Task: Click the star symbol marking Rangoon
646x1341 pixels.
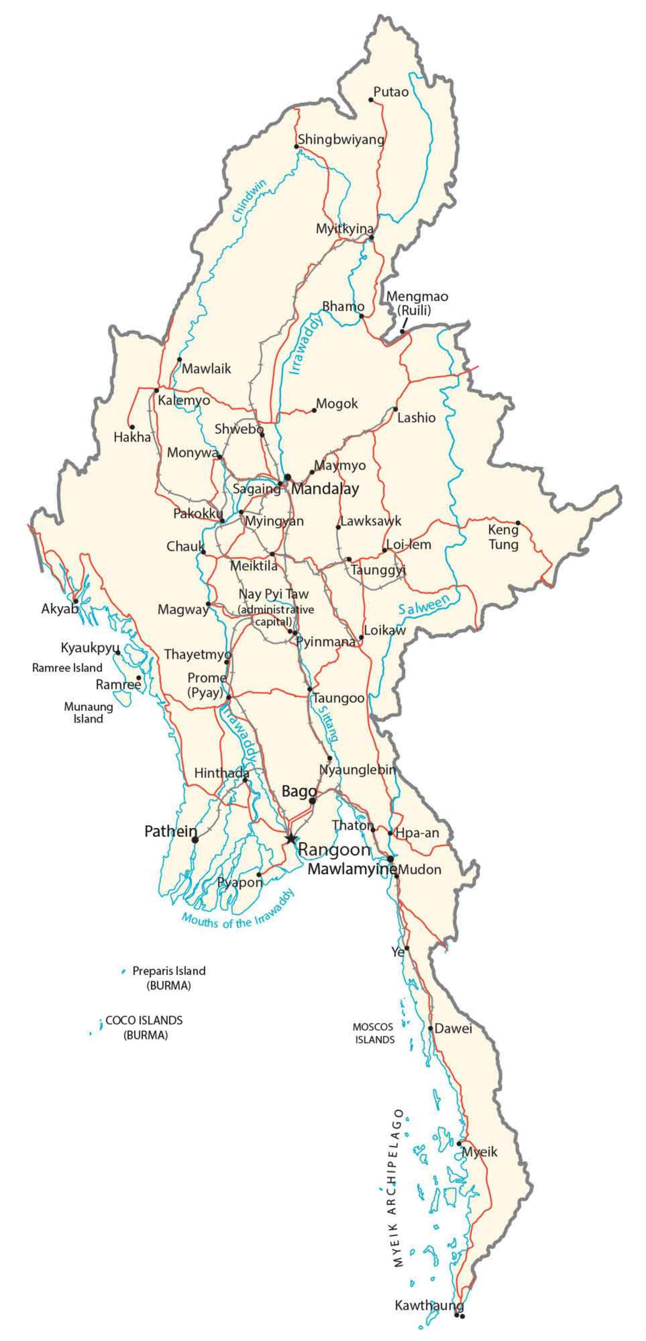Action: point(290,838)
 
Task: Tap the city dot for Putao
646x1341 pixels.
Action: point(371,99)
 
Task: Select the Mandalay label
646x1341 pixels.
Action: point(325,489)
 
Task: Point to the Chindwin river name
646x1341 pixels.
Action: point(249,201)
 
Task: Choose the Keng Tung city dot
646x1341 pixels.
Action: point(518,523)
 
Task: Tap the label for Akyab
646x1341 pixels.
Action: point(59,609)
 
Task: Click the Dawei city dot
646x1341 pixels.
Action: point(431,1028)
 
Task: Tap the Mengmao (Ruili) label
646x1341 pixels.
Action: point(417,303)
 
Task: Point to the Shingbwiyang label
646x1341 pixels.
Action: point(341,139)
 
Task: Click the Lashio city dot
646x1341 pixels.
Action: point(395,409)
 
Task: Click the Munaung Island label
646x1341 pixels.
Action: point(88,712)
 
